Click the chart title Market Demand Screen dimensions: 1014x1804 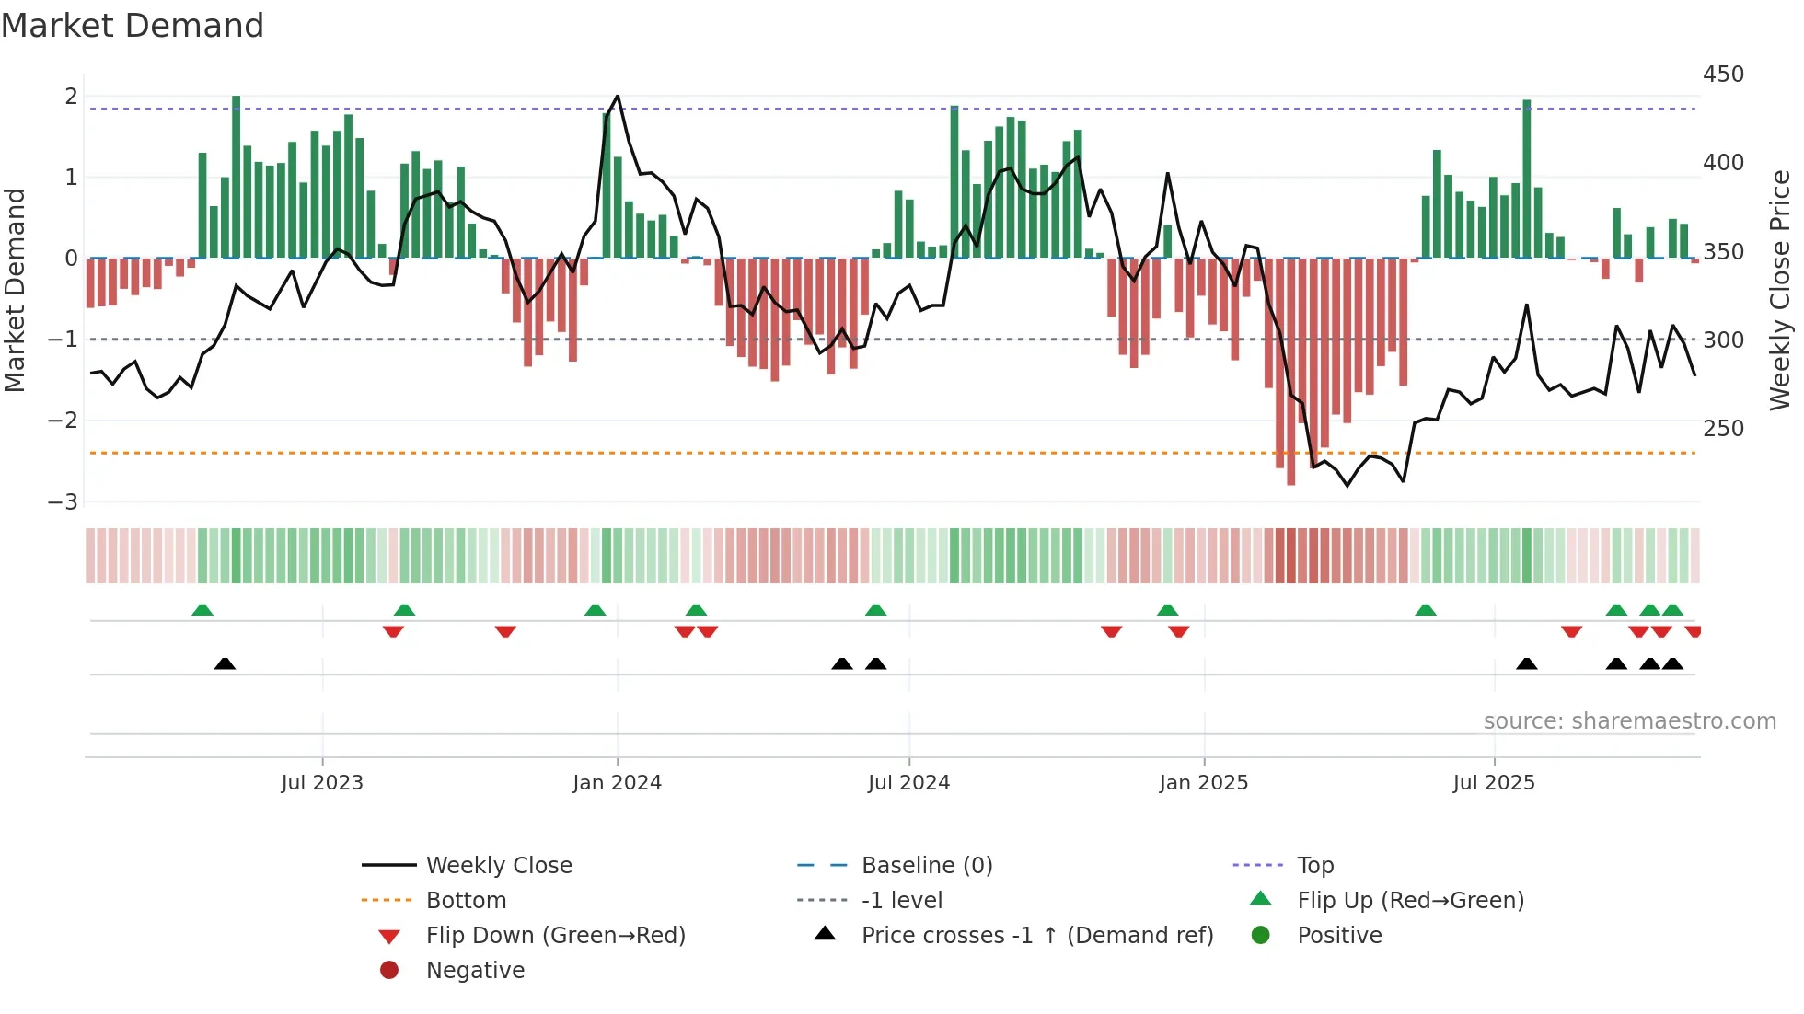133,26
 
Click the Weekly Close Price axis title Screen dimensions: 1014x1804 1780,290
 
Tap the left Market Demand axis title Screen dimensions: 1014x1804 15,290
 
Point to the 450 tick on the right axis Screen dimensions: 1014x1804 1723,75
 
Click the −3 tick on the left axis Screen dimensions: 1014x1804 63,502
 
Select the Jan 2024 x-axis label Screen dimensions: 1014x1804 617,783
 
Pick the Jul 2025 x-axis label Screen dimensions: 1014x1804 1494,783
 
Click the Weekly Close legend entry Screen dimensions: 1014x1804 498,866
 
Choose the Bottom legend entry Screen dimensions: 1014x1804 466,901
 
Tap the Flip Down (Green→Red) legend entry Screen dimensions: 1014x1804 555,936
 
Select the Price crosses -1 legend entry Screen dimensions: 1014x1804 1037,936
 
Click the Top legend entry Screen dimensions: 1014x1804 1315,866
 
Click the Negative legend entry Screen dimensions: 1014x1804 475,971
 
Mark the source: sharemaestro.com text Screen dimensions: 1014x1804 1629,721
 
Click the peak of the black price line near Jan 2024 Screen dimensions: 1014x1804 618,96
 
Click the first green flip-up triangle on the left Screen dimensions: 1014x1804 202,610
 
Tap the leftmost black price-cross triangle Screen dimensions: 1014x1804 225,663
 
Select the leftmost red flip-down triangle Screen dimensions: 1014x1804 393,631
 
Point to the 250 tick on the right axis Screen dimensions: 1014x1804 1723,429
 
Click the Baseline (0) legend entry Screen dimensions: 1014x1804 926,866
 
